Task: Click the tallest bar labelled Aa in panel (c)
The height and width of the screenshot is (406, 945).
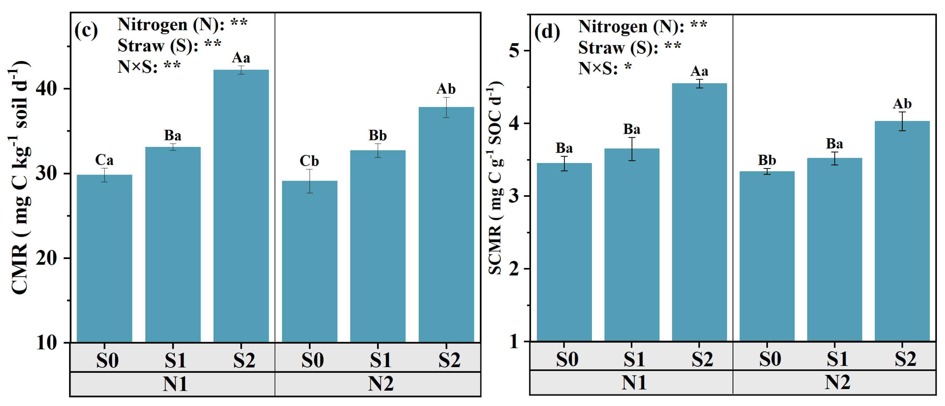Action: (x=241, y=205)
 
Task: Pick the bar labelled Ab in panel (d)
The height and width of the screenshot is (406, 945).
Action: (x=902, y=231)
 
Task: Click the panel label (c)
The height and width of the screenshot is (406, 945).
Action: (x=86, y=30)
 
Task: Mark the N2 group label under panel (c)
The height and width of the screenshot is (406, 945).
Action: (x=381, y=384)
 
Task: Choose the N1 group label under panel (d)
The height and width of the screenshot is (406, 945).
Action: (x=634, y=383)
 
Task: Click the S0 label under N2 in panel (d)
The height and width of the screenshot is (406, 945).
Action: (x=770, y=359)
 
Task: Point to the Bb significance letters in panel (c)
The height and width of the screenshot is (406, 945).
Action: (x=377, y=136)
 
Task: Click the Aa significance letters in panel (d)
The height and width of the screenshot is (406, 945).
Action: (x=699, y=71)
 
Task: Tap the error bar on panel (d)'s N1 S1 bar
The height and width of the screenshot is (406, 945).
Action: (x=632, y=149)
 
